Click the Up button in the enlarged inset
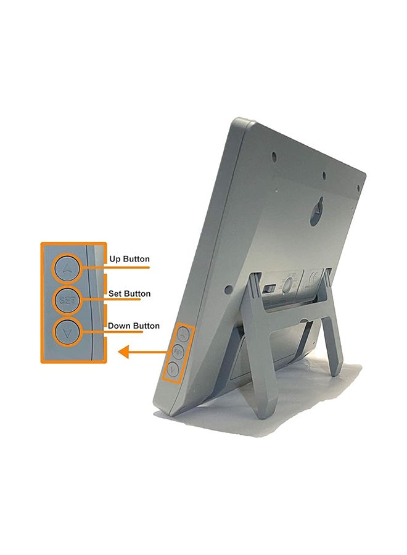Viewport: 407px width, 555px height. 67,268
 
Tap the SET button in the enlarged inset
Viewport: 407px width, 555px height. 67,300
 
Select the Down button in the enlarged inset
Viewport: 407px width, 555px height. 67,332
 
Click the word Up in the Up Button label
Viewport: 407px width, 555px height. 115,259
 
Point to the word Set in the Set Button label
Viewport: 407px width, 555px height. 114,294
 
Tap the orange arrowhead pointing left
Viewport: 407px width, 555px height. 123,352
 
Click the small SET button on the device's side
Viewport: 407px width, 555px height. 178,351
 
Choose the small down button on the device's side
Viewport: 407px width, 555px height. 172,370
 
